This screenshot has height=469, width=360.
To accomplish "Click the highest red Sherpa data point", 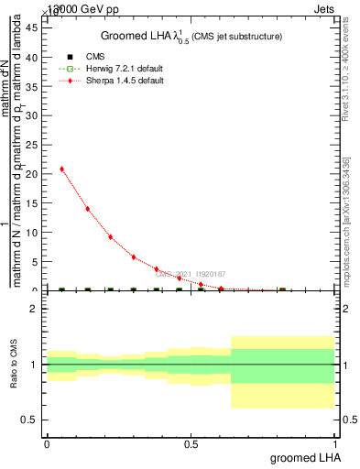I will click(61, 169).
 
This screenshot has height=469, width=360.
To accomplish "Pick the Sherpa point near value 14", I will click(87, 209).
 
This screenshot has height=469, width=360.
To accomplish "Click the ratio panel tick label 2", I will click(35, 309).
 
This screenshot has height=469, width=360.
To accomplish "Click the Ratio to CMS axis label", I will click(15, 365).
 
